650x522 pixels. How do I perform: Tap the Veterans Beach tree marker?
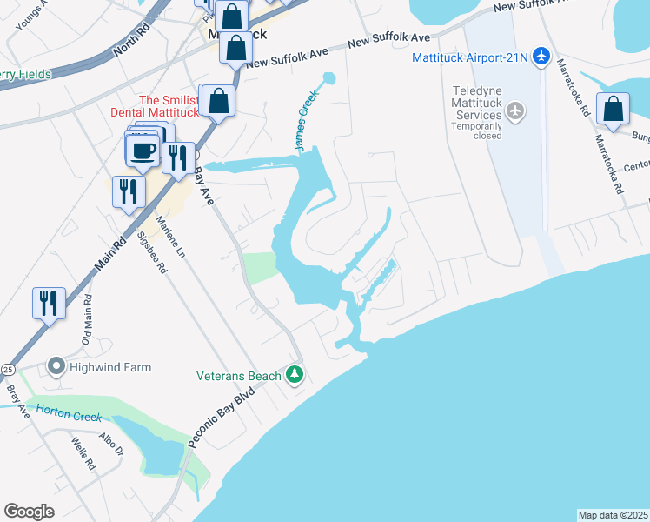click(x=295, y=375)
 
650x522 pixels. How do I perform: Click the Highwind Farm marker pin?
click(x=56, y=367)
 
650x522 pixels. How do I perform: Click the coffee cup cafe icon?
click(x=143, y=149)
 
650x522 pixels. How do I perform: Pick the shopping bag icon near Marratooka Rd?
click(x=614, y=110)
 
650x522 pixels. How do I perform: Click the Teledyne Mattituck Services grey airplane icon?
click(x=516, y=110)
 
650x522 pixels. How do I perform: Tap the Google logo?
click(x=30, y=512)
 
